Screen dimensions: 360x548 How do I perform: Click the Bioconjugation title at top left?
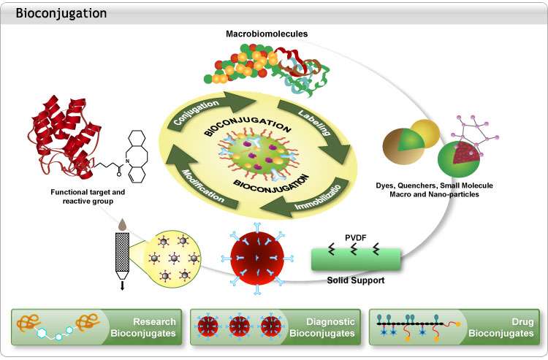coord(61,13)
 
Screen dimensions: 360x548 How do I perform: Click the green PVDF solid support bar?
coord(355,257)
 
